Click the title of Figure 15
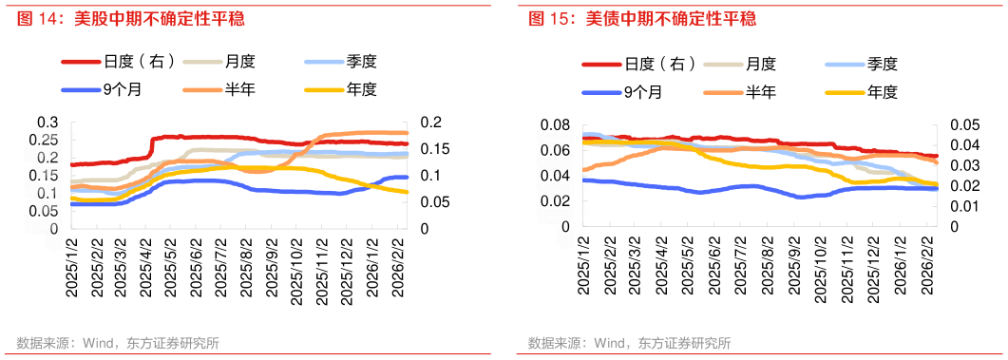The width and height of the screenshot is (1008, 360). [637, 18]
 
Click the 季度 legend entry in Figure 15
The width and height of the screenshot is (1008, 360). [881, 65]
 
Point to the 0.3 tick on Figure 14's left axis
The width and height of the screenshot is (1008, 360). [48, 123]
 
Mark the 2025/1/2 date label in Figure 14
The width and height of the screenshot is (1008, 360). [71, 270]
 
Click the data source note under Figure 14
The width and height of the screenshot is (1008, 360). [118, 343]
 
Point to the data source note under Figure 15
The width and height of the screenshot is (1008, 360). [629, 343]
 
